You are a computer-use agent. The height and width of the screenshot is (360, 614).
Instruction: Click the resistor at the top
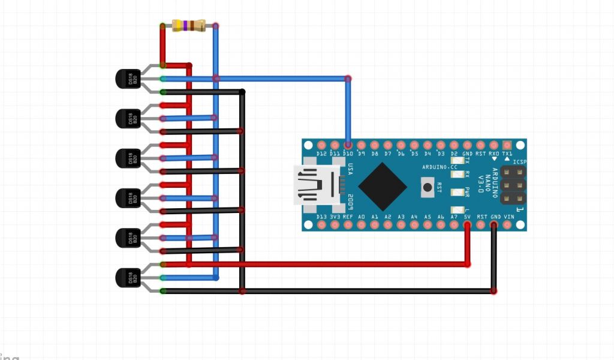pos(188,25)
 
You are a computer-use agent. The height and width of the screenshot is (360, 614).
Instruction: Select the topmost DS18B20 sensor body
pos(127,79)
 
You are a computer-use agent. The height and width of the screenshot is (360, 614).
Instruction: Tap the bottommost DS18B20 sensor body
pos(127,278)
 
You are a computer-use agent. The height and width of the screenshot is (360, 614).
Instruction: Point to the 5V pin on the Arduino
pos(467,224)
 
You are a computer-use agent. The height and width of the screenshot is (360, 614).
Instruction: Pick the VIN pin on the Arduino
pos(507,224)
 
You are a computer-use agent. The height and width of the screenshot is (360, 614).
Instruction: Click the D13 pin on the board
pos(321,224)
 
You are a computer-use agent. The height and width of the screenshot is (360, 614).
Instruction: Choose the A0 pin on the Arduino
pos(361,224)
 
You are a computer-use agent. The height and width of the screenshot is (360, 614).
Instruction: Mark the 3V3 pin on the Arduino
pos(335,224)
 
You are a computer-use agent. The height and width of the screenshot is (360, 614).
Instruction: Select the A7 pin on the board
pos(454,224)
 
